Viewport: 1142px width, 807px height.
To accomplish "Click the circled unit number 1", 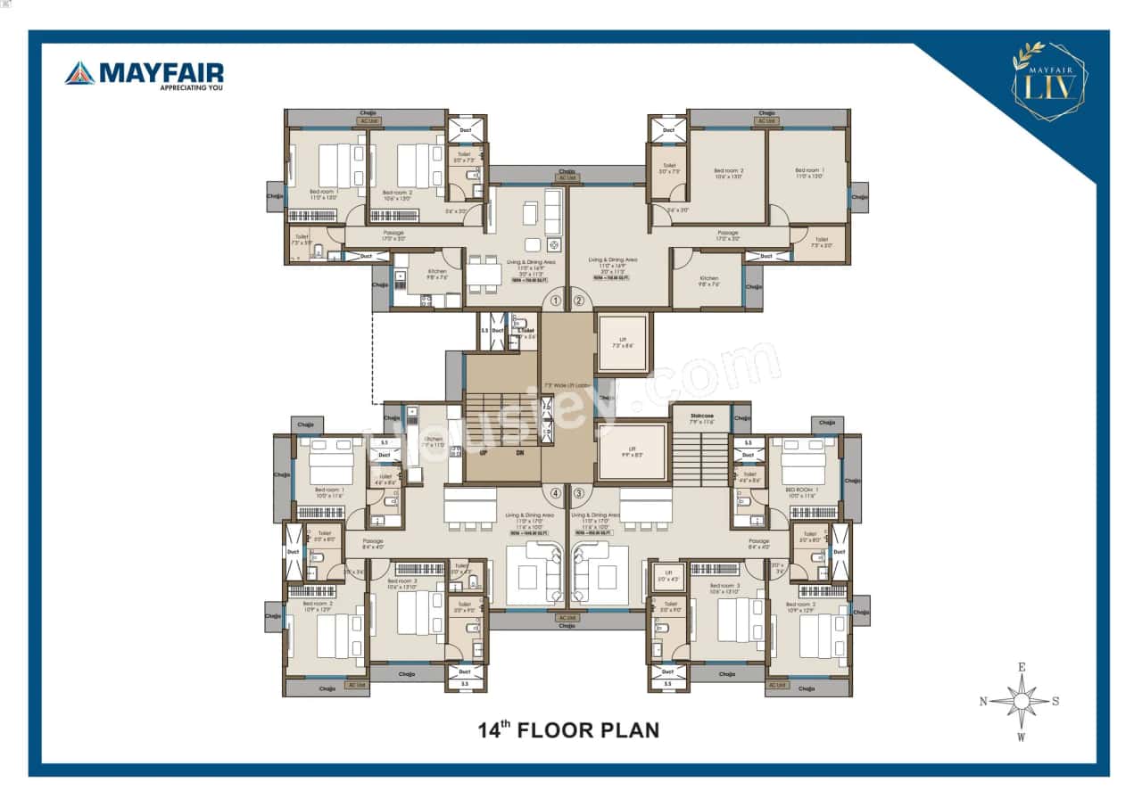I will click(556, 301).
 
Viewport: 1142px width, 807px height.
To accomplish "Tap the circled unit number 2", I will click(578, 301).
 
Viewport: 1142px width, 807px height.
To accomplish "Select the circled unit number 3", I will click(578, 492).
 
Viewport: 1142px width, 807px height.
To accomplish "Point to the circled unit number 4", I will click(556, 492).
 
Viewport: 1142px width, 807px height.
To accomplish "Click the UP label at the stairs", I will click(483, 452).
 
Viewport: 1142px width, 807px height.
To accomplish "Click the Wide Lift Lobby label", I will click(568, 384).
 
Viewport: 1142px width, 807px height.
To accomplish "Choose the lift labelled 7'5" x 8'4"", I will click(623, 342).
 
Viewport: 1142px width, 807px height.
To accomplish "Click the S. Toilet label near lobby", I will click(525, 332).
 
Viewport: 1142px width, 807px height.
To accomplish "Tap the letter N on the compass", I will click(983, 701).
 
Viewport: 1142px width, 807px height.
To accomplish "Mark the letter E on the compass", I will click(1022, 666).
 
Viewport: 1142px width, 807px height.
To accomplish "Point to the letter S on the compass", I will click(1055, 701).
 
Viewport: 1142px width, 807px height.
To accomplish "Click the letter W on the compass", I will click(1022, 737).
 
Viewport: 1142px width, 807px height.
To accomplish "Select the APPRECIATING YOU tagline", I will click(190, 87).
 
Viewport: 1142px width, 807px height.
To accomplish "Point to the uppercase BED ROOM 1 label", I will click(803, 490).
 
